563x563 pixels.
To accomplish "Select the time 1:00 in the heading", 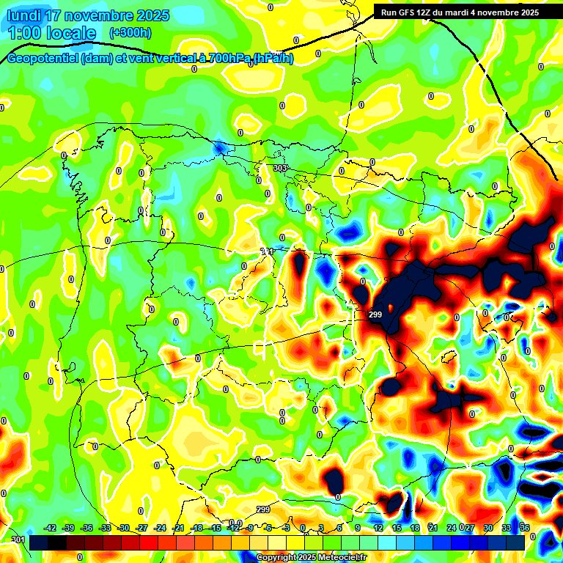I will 25,33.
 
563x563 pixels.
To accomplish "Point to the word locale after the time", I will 69,33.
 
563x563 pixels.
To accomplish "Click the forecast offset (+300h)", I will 130,33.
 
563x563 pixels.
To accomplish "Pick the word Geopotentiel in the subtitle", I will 43,59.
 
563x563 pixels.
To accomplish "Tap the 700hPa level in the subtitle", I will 228,59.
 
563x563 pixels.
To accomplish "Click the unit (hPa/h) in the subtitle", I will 273,59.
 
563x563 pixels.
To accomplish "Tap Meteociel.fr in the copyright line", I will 339,558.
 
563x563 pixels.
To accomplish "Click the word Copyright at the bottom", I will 277,558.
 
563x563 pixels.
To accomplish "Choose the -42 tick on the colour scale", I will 51,528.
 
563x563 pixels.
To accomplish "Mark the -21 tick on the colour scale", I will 178,528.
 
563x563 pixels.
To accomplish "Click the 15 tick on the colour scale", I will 395,528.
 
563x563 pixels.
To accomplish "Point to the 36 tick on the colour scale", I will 525,528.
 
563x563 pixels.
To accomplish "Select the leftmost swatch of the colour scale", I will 38,542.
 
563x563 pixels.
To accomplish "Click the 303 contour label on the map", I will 279,169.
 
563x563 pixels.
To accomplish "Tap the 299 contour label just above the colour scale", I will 264,509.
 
